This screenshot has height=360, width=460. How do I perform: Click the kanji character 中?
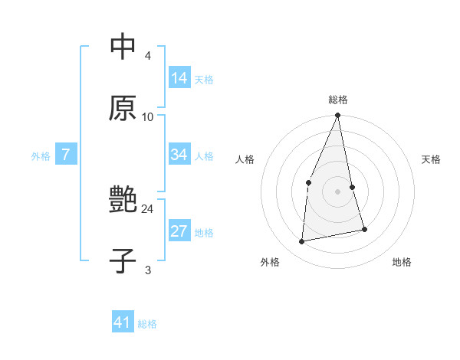[x=123, y=47]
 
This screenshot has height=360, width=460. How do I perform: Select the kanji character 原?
[x=123, y=108]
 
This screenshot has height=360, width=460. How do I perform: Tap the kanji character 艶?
[x=123, y=200]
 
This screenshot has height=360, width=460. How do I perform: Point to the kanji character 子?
[x=123, y=261]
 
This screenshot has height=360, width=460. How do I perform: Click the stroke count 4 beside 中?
[x=148, y=56]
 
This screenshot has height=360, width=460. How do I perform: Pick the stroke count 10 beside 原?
[x=148, y=117]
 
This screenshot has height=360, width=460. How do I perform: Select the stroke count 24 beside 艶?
[x=148, y=209]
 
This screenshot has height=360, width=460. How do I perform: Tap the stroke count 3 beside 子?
[x=148, y=270]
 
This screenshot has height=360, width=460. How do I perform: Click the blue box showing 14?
[x=179, y=78]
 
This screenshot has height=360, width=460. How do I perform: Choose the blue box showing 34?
[x=179, y=155]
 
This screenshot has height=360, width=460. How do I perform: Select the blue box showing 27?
[x=179, y=231]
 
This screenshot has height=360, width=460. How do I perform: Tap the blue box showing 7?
[x=66, y=155]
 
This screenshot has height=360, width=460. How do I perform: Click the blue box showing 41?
[x=123, y=322]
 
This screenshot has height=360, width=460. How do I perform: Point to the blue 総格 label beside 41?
[x=147, y=324]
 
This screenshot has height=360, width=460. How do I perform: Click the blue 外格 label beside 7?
[x=41, y=156]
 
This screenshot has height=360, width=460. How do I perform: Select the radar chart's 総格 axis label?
[x=338, y=100]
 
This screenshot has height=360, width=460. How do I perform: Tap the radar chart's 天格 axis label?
[x=431, y=159]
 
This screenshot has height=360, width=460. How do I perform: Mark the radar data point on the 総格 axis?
[x=338, y=116]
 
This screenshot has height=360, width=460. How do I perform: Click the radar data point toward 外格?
[x=302, y=242]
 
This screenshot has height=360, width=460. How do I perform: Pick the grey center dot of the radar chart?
[x=338, y=191]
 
